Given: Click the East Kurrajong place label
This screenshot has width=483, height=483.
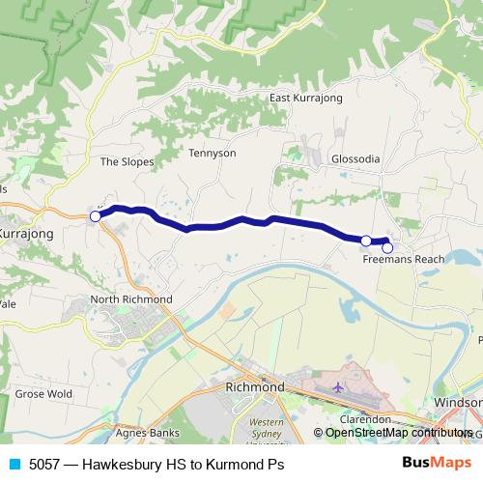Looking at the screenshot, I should coord(305,99).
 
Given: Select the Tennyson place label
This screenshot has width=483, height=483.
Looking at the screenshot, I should coord(213,153).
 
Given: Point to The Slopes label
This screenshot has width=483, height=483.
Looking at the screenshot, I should coord(127,161).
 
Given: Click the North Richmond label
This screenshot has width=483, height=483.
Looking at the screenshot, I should coord(131,299).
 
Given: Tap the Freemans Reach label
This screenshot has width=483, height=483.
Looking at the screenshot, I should coord(404,260).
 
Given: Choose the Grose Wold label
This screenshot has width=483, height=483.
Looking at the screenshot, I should coord(43,394).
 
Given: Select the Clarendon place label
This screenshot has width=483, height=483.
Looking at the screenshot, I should coord(364,420).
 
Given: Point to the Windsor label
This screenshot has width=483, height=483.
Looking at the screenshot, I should coord(458,402).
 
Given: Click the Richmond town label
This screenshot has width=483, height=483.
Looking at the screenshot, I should coord(254,387).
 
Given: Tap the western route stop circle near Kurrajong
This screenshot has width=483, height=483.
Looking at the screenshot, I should coord(96,216).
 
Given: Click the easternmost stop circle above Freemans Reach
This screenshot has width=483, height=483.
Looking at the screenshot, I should coord(387,247).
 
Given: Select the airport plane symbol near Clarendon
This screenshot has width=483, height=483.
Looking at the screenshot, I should coord(337,387).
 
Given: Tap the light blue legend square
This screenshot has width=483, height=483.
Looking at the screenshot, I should coord(14,464).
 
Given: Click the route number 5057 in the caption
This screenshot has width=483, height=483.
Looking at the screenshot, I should coord(44,464).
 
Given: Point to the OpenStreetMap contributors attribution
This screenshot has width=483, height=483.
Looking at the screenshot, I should coord(398,433).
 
